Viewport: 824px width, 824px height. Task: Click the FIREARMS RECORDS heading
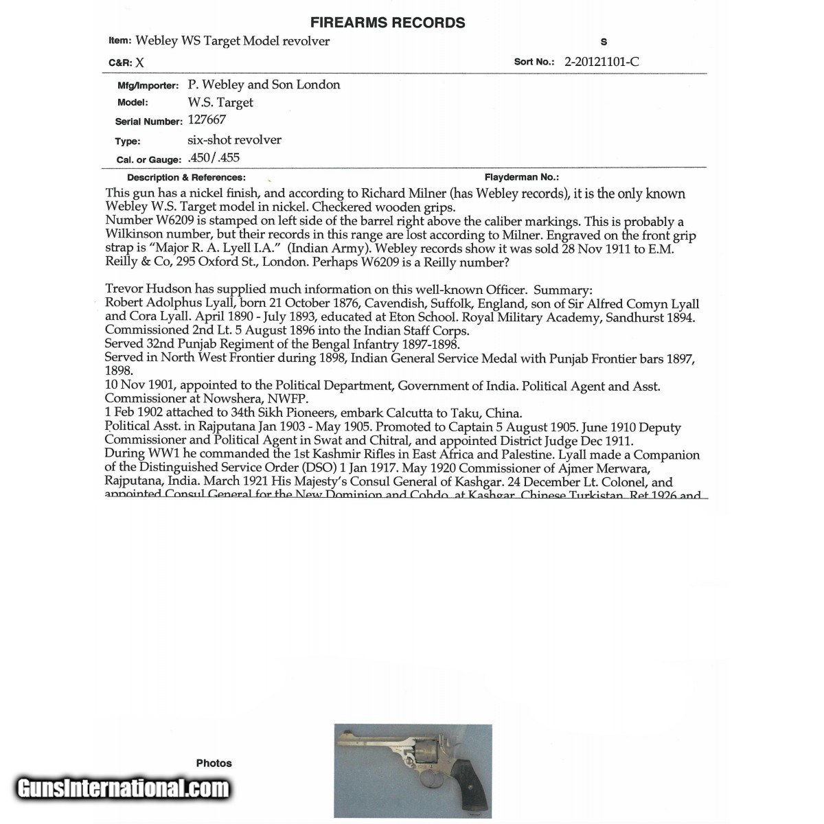click(387, 23)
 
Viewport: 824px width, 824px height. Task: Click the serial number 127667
click(207, 120)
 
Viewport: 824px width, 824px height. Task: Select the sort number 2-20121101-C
click(602, 61)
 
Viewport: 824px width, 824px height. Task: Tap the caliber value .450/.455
click(214, 158)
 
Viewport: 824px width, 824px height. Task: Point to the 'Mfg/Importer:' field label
click(148, 86)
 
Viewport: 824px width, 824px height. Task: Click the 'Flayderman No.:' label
click(521, 177)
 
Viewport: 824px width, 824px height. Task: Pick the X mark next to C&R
click(139, 62)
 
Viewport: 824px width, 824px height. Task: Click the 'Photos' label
click(214, 763)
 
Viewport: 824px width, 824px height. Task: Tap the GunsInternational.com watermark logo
click(123, 788)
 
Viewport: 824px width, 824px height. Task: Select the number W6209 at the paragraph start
click(129, 221)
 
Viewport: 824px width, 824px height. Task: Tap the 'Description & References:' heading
click(186, 177)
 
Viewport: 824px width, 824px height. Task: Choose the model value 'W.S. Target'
click(220, 102)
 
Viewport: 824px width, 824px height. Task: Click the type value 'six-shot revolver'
click(234, 139)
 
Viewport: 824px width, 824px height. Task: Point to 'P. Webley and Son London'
click(264, 84)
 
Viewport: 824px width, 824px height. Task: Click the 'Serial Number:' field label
click(148, 122)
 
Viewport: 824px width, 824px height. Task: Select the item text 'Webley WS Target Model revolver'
click(232, 41)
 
